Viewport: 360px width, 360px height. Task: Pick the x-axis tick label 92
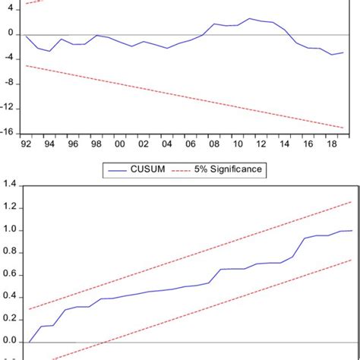tap(27, 144)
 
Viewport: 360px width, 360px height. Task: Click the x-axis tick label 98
tap(96, 144)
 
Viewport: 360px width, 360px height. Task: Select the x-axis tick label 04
tap(167, 144)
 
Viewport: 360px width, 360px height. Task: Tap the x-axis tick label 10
tap(237, 144)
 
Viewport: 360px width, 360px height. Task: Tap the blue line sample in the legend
tap(116, 170)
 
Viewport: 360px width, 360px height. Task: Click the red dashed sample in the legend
tap(185, 170)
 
